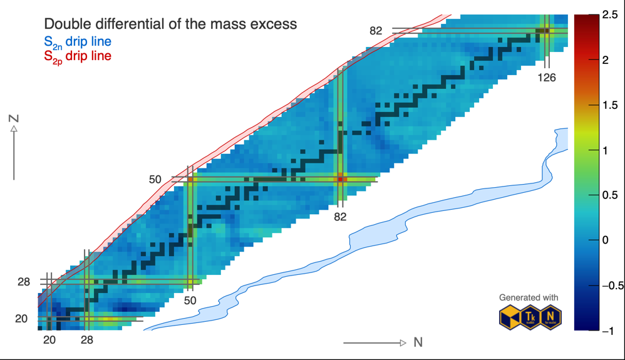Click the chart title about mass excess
170,24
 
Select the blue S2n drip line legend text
78,42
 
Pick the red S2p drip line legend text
78,56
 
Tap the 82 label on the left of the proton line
376,30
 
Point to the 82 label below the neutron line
340,217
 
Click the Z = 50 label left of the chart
155,180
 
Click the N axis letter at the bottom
418,342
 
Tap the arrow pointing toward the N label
375,343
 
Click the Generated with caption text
529,297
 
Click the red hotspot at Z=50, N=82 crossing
340,180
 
